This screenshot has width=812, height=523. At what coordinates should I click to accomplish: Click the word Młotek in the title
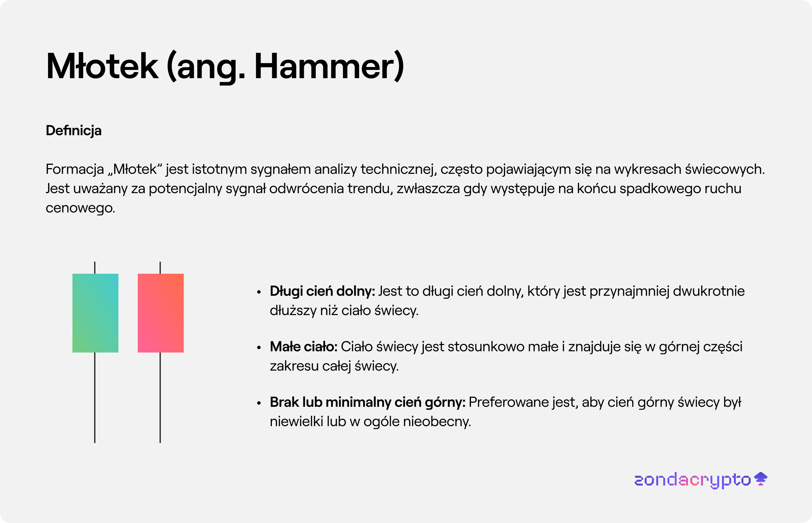point(102,66)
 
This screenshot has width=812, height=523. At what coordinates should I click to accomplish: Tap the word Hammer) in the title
point(329,66)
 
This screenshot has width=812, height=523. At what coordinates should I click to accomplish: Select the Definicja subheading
point(74,131)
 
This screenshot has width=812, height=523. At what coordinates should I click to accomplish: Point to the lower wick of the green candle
point(95,398)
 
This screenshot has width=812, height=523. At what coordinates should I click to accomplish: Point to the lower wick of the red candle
point(160,398)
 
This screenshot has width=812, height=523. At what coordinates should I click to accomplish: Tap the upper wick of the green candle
point(95,268)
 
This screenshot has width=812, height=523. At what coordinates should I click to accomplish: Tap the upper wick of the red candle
point(160,268)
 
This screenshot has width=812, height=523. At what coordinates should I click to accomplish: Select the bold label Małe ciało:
point(304,347)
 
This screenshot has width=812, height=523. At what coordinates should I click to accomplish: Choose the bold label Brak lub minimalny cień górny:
point(368,403)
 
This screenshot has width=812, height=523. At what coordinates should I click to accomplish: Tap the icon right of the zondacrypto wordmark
point(761,479)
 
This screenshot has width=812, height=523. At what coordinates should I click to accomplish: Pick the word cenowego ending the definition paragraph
point(81,208)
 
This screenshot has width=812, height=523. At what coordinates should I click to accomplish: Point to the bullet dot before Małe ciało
point(259,347)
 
